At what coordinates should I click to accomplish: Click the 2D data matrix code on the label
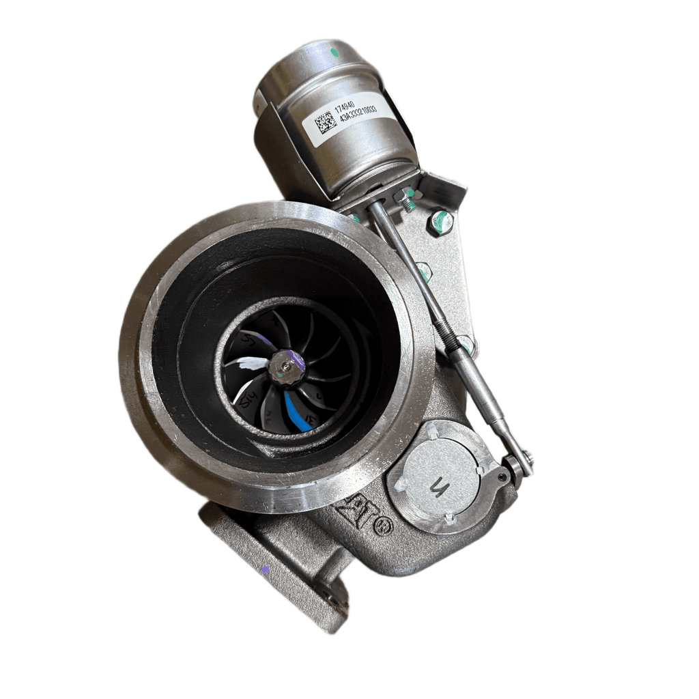click(326, 123)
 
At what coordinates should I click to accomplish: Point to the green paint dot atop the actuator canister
click(334, 51)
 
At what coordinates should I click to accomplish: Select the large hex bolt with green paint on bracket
click(441, 222)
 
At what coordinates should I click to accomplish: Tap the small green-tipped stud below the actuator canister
click(408, 202)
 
